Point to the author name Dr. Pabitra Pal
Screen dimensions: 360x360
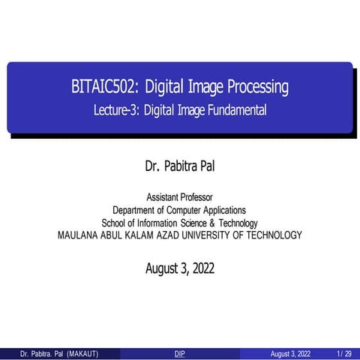tap(179, 164)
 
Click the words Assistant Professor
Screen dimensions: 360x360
tap(179, 197)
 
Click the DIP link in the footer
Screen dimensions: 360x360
tap(179, 353)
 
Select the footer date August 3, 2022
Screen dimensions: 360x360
tap(292, 353)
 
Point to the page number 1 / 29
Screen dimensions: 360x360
tap(344, 353)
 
